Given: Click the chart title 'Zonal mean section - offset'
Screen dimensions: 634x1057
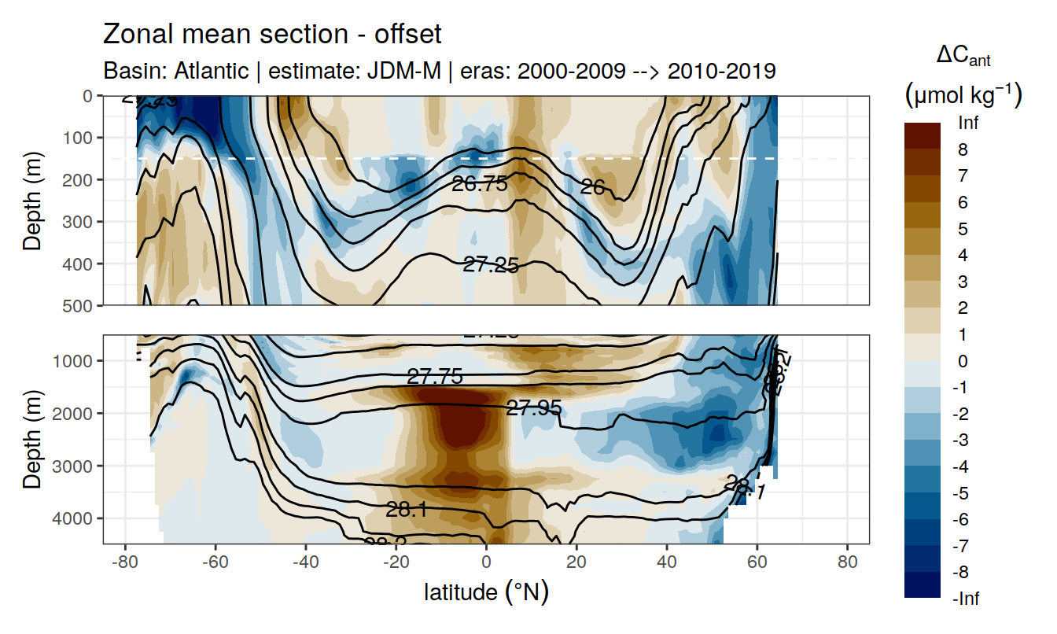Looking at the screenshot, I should pyautogui.click(x=272, y=35).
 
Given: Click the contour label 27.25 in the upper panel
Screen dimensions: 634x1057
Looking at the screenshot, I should pyautogui.click(x=491, y=265).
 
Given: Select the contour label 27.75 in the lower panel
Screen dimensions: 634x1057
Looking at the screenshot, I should pyautogui.click(x=435, y=376).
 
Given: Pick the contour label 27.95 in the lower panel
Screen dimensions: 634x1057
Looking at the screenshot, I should pyautogui.click(x=534, y=407).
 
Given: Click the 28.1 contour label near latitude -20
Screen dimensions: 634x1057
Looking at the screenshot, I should pyautogui.click(x=407, y=510).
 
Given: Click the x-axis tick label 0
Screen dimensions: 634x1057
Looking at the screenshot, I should pyautogui.click(x=487, y=563).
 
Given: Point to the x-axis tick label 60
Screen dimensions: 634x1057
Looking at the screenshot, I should pyautogui.click(x=757, y=563).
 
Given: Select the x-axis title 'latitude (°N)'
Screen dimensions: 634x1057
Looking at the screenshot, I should pyautogui.click(x=486, y=592).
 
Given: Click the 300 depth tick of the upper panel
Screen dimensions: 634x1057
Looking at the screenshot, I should pyautogui.click(x=79, y=221).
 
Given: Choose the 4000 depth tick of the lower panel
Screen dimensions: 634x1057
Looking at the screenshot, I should pyautogui.click(x=75, y=518).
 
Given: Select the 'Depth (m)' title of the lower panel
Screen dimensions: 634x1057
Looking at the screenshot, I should pyautogui.click(x=31, y=438).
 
